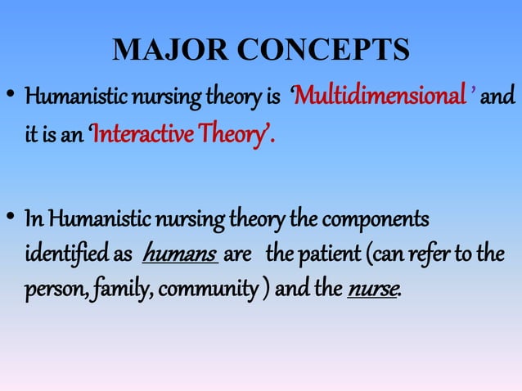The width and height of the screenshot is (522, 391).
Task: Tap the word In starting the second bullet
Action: pos(34,219)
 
